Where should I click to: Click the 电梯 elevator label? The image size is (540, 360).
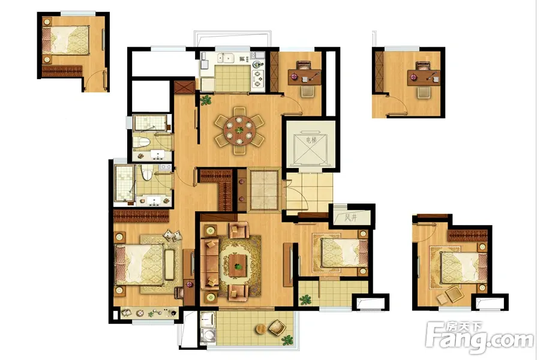coord(311,140)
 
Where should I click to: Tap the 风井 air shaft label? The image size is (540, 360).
coord(351,218)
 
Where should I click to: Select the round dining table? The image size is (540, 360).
coord(239,131)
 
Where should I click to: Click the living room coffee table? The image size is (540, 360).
coord(238,266)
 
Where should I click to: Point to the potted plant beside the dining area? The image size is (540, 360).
coord(206,100)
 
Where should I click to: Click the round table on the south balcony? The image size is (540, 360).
coord(262,329)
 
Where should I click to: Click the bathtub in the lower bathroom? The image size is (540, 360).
coord(124,183)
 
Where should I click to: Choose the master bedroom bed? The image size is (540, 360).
coord(139,263)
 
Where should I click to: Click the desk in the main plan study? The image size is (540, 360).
coord(305,77)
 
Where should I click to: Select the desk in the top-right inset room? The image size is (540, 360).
coord(424,77)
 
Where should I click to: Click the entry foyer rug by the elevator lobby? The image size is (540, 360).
coord(264,189)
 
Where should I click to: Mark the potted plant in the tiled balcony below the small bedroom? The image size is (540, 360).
coord(305,299)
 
